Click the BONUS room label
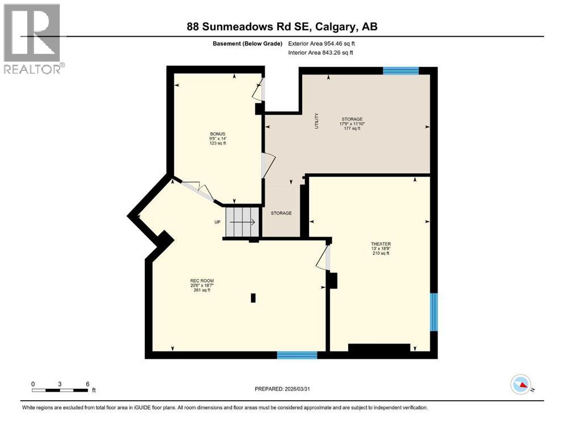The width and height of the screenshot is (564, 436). point(217,139)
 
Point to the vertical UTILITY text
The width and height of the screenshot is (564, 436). point(317,121)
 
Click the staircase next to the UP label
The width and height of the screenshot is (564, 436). point(242,222)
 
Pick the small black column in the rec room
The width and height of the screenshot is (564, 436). point(253,297)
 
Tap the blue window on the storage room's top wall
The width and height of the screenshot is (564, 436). point(400,71)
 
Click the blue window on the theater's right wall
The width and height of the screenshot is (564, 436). point(433,312)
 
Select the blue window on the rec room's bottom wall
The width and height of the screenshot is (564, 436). point(296,355)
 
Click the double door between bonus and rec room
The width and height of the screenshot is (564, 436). point(196,190)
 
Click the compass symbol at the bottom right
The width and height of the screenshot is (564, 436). point(521,385)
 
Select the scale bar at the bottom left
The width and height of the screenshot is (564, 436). point(60,390)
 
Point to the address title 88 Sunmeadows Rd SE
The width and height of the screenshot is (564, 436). point(282,27)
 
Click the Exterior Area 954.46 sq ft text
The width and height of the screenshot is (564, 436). point(324,43)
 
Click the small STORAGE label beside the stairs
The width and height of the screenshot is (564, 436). point(281,213)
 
